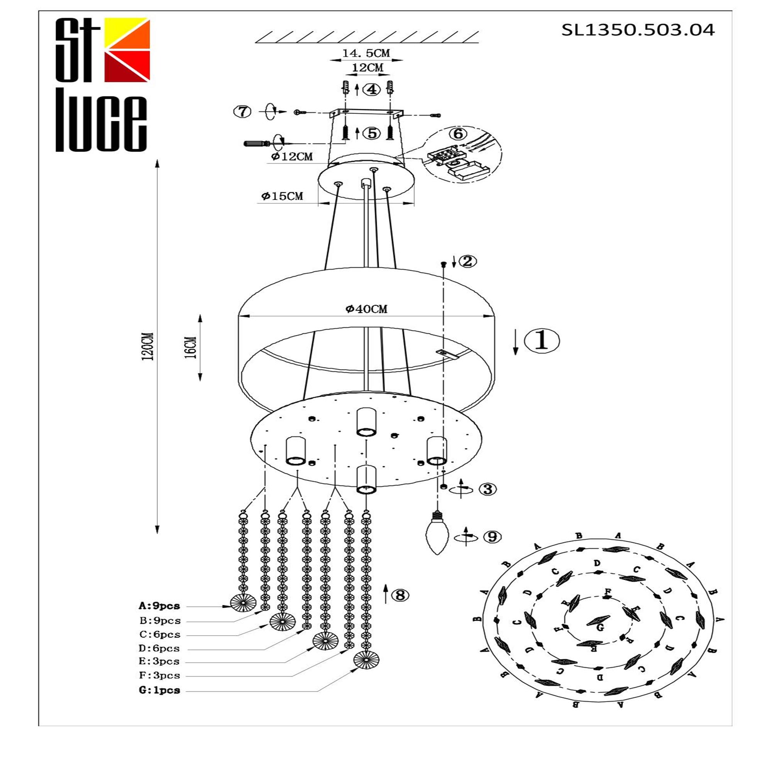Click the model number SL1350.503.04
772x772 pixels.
[x=638, y=30]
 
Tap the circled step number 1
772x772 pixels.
[x=542, y=340]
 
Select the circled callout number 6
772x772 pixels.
[x=458, y=134]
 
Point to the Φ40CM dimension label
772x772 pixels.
[x=366, y=308]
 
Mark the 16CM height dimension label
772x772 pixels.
[x=191, y=347]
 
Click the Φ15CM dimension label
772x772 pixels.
[x=283, y=196]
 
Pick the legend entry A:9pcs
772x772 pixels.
[x=159, y=606]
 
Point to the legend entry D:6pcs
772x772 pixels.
[x=159, y=648]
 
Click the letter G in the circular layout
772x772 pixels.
[x=600, y=628]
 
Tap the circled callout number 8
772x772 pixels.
[x=400, y=595]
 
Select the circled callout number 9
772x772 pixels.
[x=492, y=537]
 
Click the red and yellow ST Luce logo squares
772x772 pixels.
[x=127, y=50]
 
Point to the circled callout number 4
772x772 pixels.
[x=372, y=90]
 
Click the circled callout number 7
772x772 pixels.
[x=242, y=112]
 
